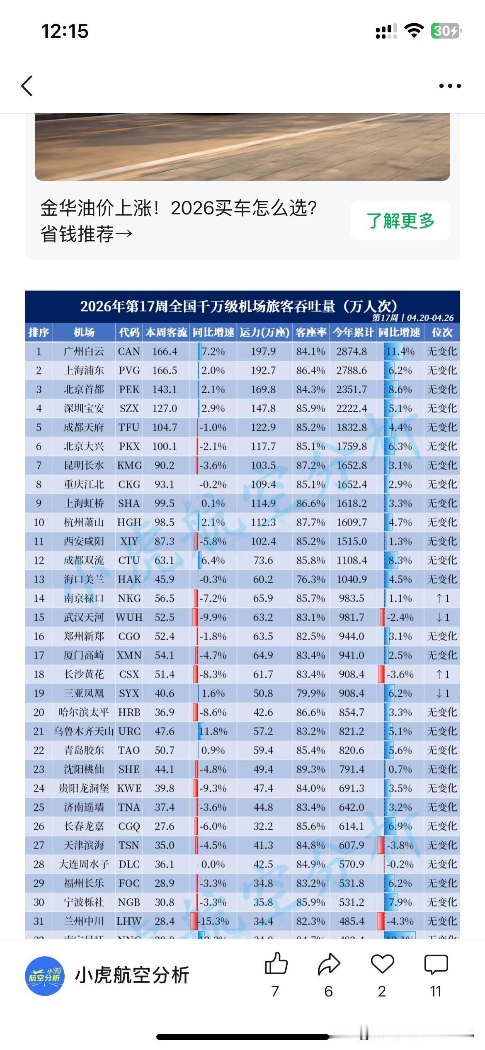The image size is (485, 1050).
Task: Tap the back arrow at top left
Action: pyautogui.click(x=27, y=86)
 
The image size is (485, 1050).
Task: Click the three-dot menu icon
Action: pyautogui.click(x=450, y=86)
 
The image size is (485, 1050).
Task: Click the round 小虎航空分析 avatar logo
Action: pyautogui.click(x=45, y=976)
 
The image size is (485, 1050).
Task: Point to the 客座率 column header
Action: pyautogui.click(x=311, y=332)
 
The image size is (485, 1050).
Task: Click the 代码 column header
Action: pyautogui.click(x=129, y=332)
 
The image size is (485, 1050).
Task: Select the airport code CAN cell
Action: pyautogui.click(x=129, y=352)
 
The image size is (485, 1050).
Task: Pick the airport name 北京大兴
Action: pyautogui.click(x=83, y=447)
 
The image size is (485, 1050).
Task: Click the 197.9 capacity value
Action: pyautogui.click(x=263, y=352)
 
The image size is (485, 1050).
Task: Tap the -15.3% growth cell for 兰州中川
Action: pyautogui.click(x=214, y=921)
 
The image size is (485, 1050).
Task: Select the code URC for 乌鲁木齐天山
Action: pyautogui.click(x=129, y=732)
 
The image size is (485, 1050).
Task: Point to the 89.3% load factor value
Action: pyautogui.click(x=310, y=769)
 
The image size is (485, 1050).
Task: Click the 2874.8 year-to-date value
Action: pyautogui.click(x=352, y=352)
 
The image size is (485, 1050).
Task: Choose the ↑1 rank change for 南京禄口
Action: pyautogui.click(x=442, y=598)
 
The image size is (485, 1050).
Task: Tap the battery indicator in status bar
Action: pyautogui.click(x=446, y=31)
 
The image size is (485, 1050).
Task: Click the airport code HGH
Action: pyautogui.click(x=129, y=523)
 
